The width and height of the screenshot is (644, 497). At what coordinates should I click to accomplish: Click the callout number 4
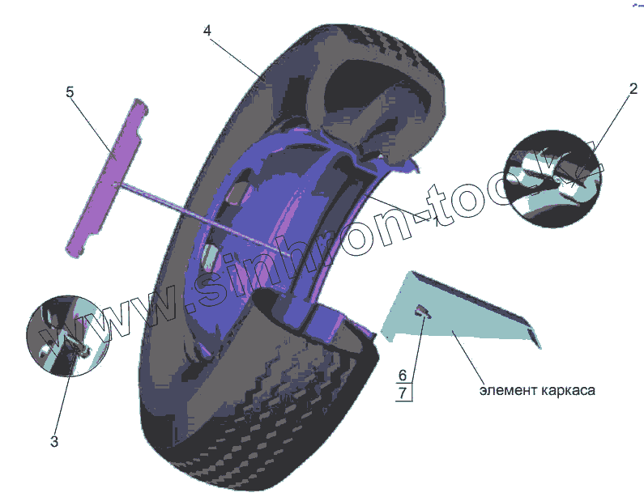[x=207, y=30]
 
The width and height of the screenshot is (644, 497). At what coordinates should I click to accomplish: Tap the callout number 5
[x=70, y=92]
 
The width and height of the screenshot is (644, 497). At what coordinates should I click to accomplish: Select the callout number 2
[x=633, y=88]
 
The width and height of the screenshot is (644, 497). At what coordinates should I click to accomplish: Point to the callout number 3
[x=54, y=441]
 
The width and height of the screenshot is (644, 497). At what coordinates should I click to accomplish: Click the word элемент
[x=507, y=391]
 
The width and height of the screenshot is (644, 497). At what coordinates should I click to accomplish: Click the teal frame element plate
[x=454, y=312]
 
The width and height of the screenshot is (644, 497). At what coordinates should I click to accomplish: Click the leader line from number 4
[x=235, y=57]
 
